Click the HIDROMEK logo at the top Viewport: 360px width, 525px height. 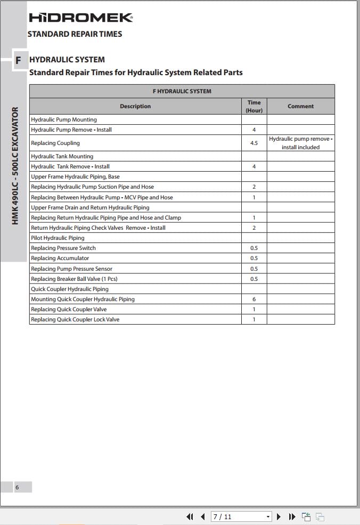[x=80, y=18]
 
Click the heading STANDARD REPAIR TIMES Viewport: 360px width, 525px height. [x=75, y=34]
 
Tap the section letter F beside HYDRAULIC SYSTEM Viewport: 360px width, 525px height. [x=18, y=60]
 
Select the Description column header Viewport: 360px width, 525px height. [x=135, y=106]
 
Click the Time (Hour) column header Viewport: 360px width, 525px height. [x=254, y=106]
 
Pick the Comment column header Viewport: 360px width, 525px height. [x=300, y=106]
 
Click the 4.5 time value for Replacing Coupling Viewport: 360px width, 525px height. [x=254, y=143]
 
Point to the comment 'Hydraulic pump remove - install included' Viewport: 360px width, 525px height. [x=300, y=143]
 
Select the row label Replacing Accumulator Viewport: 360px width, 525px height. [x=60, y=259]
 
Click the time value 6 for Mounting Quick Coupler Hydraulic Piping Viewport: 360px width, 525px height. [x=254, y=300]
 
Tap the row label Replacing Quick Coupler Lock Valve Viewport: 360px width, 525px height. [x=75, y=320]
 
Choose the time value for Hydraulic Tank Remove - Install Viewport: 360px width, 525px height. [x=254, y=167]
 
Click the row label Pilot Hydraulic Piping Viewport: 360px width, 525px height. [x=58, y=238]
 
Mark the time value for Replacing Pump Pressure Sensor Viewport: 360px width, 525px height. [x=254, y=269]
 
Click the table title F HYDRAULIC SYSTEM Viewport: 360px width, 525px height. [x=182, y=91]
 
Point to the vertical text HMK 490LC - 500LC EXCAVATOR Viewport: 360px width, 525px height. [x=15, y=166]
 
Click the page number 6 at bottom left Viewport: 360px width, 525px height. [x=17, y=487]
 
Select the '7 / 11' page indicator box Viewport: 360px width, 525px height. [x=237, y=517]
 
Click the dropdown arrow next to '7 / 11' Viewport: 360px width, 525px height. [x=268, y=517]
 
